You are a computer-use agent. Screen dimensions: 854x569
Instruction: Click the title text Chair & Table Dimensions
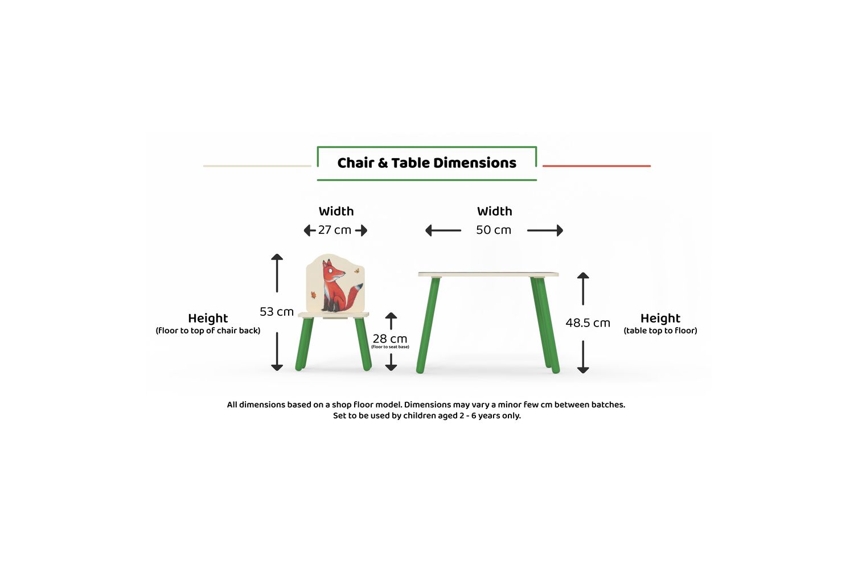click(426, 163)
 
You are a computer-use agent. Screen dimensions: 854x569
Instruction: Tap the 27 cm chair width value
click(334, 230)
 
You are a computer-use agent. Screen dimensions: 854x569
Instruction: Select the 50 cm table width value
click(494, 230)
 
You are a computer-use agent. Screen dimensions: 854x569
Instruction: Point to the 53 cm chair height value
click(276, 312)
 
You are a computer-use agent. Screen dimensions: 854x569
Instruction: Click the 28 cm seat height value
click(389, 339)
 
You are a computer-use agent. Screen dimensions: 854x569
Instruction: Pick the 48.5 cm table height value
click(588, 323)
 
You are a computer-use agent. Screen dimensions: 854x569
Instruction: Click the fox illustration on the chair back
click(335, 286)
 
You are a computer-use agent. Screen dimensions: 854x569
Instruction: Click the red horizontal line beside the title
click(596, 166)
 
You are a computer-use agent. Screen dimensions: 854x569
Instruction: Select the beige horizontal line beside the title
click(257, 166)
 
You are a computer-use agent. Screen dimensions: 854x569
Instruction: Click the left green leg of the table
click(428, 325)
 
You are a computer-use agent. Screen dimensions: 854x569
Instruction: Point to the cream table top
click(488, 274)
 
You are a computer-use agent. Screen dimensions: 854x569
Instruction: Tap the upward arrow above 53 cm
click(277, 273)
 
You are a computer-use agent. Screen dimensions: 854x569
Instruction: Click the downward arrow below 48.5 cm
click(583, 357)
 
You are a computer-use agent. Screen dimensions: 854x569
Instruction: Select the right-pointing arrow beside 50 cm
click(545, 230)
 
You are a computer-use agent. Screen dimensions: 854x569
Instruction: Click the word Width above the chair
click(336, 211)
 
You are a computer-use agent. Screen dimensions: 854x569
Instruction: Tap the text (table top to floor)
click(660, 331)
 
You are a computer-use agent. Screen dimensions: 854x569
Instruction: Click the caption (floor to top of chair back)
click(208, 331)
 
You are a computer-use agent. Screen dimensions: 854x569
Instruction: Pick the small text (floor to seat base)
click(390, 347)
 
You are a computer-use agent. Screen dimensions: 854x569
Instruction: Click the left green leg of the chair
click(304, 343)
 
